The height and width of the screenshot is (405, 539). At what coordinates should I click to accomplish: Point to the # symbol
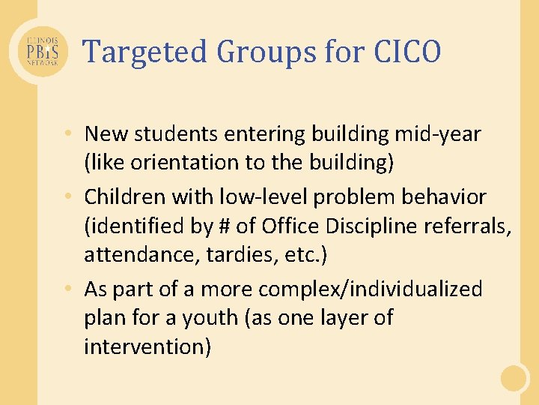tap(223, 226)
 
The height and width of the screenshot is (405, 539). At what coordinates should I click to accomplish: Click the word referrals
tap(470, 226)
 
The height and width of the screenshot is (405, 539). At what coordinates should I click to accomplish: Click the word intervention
tap(147, 346)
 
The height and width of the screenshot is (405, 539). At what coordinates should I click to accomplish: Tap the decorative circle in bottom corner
tap(514, 379)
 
